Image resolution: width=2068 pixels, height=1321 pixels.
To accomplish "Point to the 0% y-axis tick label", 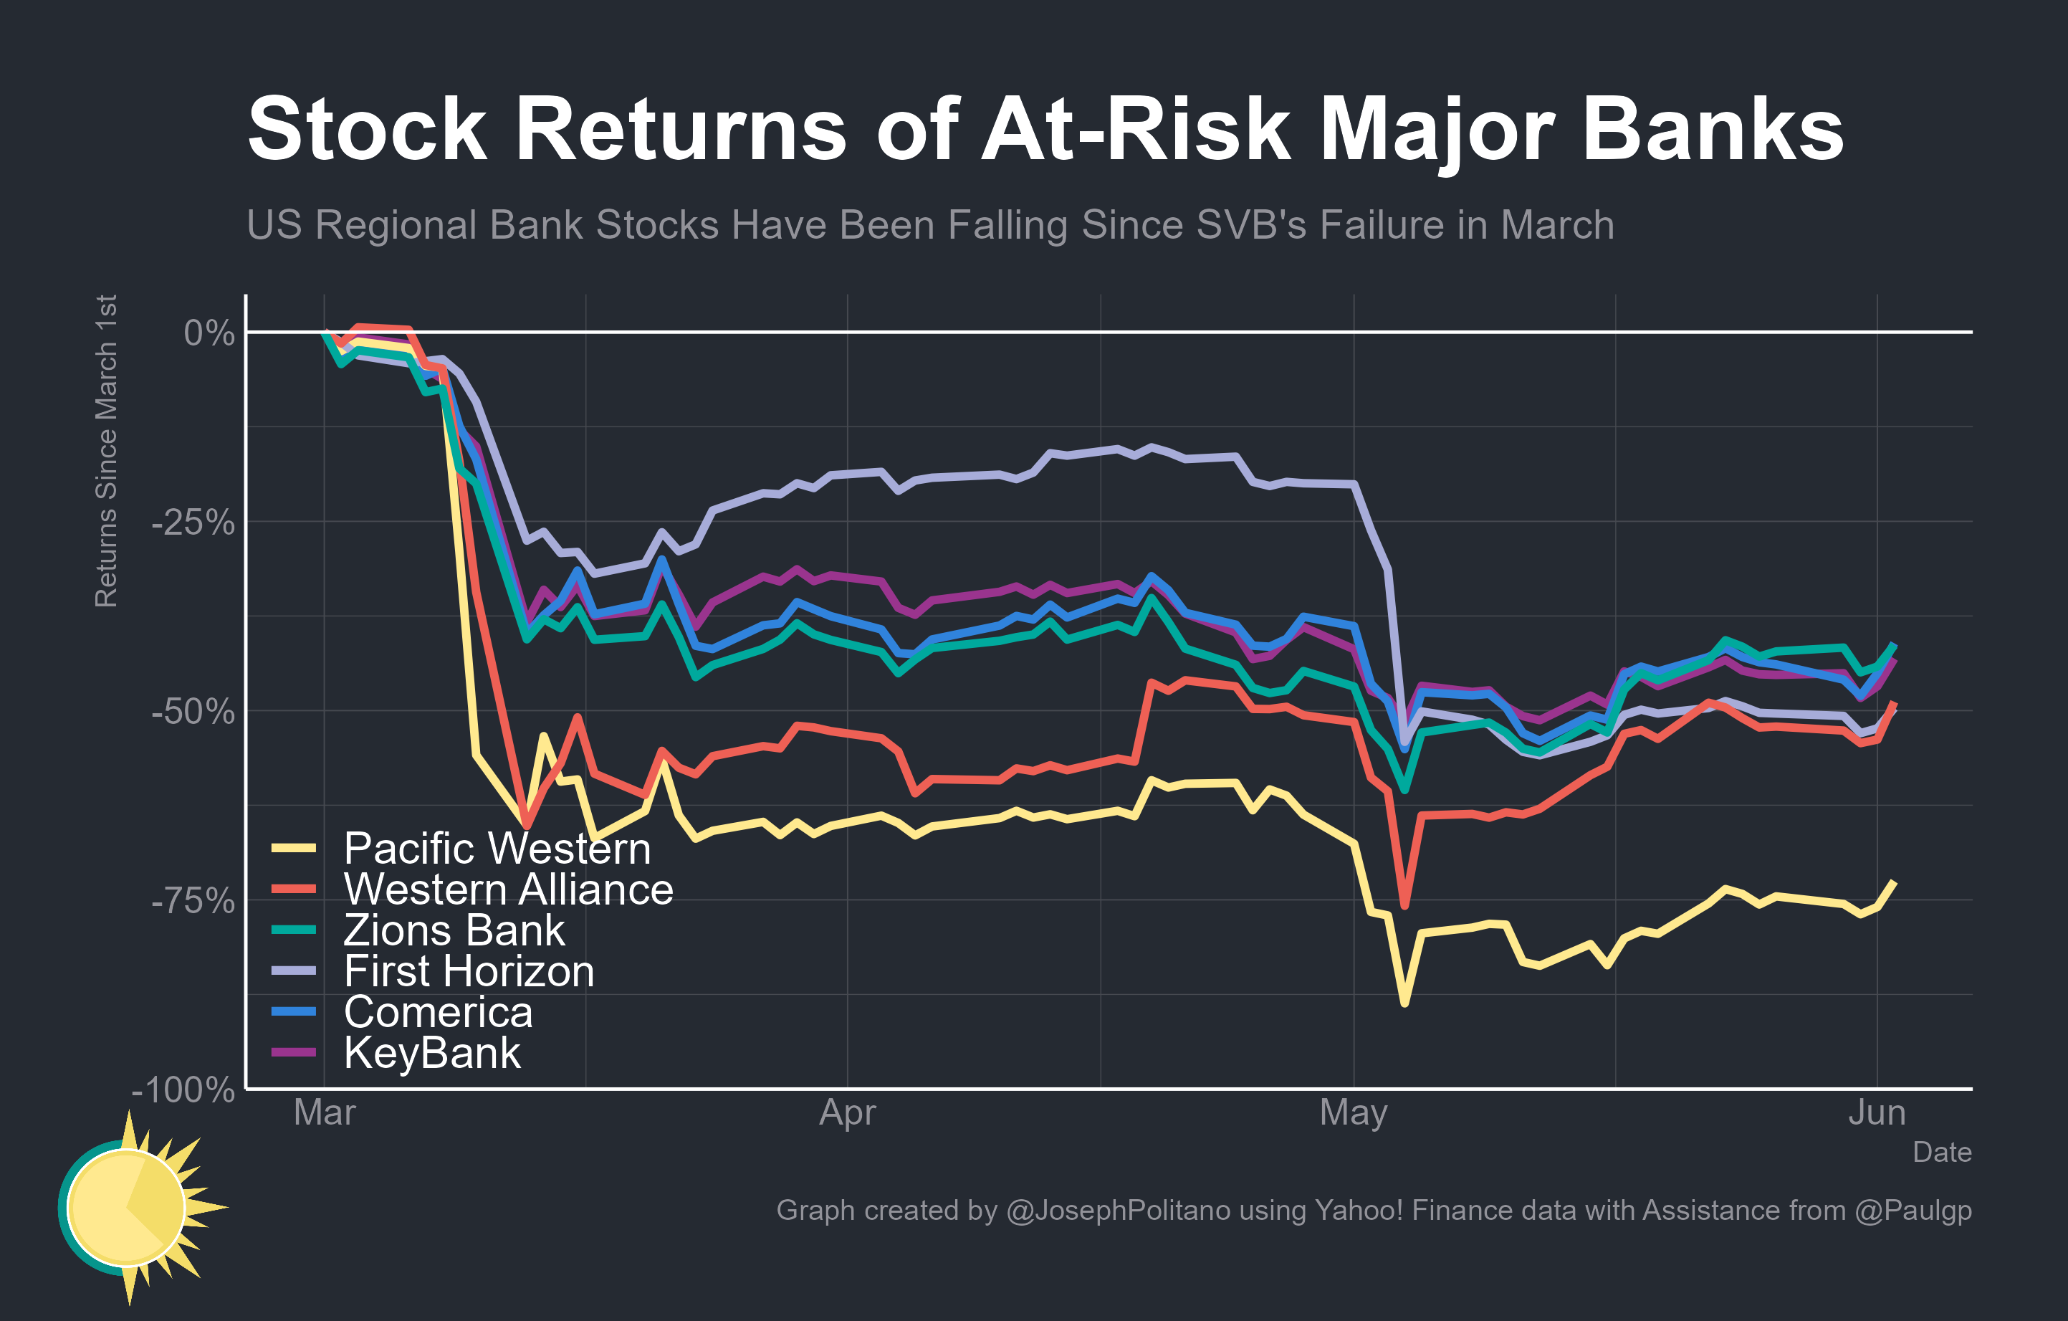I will (209, 333).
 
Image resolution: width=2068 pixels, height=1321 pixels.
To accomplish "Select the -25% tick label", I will (193, 523).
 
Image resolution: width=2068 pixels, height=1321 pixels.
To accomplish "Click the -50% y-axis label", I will (193, 712).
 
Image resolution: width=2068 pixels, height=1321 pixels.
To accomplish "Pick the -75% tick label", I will (193, 901).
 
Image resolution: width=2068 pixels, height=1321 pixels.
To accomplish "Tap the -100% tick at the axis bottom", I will (183, 1090).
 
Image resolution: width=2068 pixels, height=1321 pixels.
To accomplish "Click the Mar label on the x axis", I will (324, 1113).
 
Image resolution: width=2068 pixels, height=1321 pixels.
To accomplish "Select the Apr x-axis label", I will (847, 1113).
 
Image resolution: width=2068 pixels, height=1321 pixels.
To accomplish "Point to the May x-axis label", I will (1354, 1113).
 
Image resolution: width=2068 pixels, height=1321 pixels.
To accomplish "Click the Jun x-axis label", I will (1877, 1113).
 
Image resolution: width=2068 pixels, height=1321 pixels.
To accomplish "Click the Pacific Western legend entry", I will (497, 849).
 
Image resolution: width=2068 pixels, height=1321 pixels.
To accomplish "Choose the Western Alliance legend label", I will (507, 889).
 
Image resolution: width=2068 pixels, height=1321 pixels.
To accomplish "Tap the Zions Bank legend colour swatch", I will (294, 930).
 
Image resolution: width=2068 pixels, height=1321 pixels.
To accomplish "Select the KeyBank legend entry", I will (431, 1053).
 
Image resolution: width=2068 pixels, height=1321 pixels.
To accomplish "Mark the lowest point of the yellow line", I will (1404, 1002).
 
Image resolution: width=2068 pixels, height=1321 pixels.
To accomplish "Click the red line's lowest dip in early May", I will (1404, 905).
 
